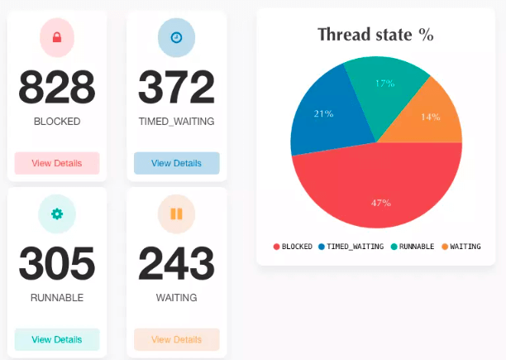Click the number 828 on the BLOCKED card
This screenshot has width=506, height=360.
[57, 87]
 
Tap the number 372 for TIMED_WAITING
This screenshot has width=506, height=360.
[176, 87]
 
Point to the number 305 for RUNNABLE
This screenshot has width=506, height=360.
[57, 264]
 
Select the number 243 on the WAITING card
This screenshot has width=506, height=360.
[176, 264]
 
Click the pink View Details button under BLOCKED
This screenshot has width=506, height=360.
[57, 163]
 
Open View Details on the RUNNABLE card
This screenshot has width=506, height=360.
[57, 339]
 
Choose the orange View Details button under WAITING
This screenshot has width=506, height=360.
[176, 339]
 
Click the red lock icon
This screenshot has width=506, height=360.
[57, 37]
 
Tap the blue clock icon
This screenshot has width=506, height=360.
[176, 37]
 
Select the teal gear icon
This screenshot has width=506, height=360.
[57, 214]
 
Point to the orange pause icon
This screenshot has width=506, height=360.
[176, 214]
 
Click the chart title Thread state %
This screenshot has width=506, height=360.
[375, 35]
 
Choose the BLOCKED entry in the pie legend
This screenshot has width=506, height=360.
[293, 247]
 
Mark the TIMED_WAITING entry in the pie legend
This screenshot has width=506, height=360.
[351, 247]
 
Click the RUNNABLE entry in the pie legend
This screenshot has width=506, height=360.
[413, 247]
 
